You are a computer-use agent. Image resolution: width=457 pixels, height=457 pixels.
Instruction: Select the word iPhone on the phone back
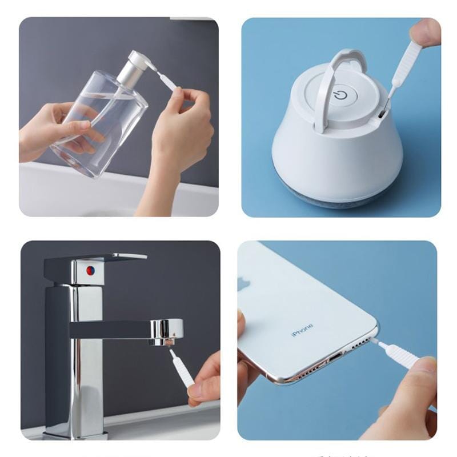[302, 330]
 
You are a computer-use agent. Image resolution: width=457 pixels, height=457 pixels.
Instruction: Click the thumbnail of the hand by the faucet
[197, 390]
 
